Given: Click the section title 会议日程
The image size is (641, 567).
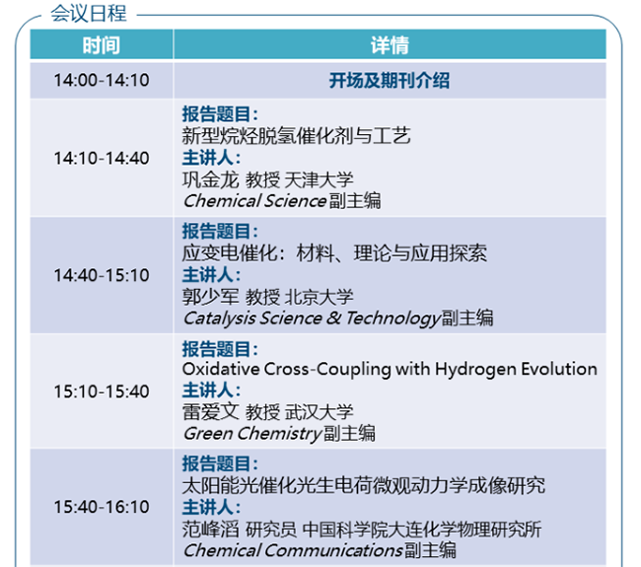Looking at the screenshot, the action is click(x=89, y=14).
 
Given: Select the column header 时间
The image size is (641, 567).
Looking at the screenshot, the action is click(x=101, y=45).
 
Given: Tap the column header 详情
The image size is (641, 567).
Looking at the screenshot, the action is click(x=390, y=45).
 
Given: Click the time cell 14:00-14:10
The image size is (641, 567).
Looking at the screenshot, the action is click(x=102, y=80).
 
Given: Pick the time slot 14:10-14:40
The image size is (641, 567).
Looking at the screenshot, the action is click(x=102, y=158).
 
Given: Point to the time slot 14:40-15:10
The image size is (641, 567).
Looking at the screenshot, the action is click(x=102, y=275).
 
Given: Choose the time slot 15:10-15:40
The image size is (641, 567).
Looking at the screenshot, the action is click(x=102, y=391).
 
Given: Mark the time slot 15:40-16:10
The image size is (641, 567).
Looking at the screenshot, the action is click(x=102, y=507).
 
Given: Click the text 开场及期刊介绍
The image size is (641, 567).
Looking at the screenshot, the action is click(x=390, y=80).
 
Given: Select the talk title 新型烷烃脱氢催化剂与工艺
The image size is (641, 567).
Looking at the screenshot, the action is click(x=296, y=136).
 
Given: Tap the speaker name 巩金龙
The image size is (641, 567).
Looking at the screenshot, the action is click(x=210, y=179).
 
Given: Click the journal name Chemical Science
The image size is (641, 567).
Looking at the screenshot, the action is click(x=255, y=201).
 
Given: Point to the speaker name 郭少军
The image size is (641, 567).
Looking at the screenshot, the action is click(x=210, y=297).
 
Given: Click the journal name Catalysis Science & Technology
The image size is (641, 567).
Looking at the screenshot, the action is click(x=312, y=319).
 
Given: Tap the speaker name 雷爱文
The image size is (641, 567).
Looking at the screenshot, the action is click(x=210, y=411).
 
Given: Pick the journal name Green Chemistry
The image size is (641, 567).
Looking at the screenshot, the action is click(x=252, y=434).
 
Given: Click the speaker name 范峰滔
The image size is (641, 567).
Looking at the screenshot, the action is click(x=210, y=529).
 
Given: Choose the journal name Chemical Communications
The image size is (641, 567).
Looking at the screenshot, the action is click(x=293, y=550).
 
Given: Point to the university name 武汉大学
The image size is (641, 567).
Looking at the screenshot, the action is click(x=319, y=411).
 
